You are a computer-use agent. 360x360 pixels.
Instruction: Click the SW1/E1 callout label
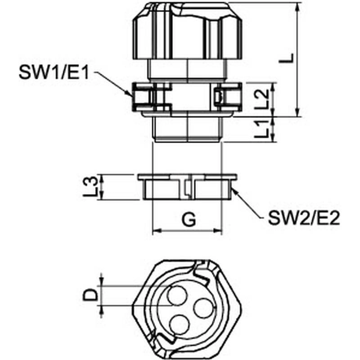pos(54,72)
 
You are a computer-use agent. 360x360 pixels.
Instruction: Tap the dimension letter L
pos(286,58)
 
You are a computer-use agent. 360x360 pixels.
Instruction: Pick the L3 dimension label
pos(90,187)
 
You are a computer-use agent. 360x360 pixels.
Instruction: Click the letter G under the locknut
pos(189,220)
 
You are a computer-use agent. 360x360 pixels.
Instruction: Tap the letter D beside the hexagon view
pos(90,295)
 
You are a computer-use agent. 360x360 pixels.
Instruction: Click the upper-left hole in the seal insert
pos(176,295)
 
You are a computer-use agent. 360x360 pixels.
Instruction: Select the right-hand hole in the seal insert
pos(204,308)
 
